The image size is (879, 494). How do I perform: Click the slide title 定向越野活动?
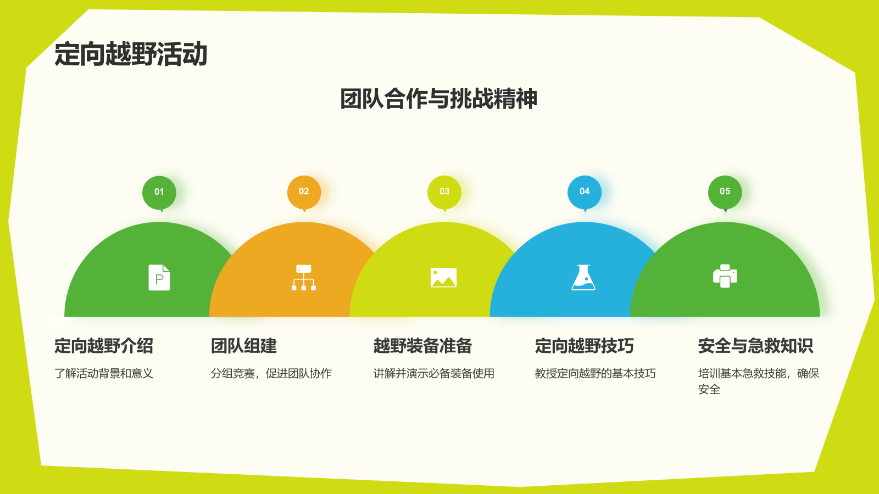(131, 54)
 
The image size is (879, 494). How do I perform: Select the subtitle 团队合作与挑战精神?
(438, 99)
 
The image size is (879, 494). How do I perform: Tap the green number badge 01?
(159, 192)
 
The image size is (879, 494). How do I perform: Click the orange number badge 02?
(304, 192)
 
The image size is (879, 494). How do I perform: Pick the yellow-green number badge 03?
(444, 192)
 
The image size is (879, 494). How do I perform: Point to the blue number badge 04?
(585, 192)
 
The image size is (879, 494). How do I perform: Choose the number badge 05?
(725, 192)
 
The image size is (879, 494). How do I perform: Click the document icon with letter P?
(159, 278)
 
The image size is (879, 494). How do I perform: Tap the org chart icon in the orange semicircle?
(304, 278)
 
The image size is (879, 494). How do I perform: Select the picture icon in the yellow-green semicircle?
(444, 278)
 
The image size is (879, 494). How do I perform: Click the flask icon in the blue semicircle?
(583, 278)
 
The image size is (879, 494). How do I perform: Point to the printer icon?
(725, 276)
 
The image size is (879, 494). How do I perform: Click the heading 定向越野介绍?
(104, 346)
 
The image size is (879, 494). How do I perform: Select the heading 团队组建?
(244, 346)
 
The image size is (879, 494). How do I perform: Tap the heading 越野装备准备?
(423, 346)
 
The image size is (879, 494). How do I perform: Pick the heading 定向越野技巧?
(585, 346)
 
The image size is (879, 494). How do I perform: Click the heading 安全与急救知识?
(755, 346)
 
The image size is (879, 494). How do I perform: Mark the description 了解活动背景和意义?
(104, 374)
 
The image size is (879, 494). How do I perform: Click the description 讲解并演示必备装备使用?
(434, 374)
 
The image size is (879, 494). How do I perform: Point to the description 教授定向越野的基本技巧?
(596, 374)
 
